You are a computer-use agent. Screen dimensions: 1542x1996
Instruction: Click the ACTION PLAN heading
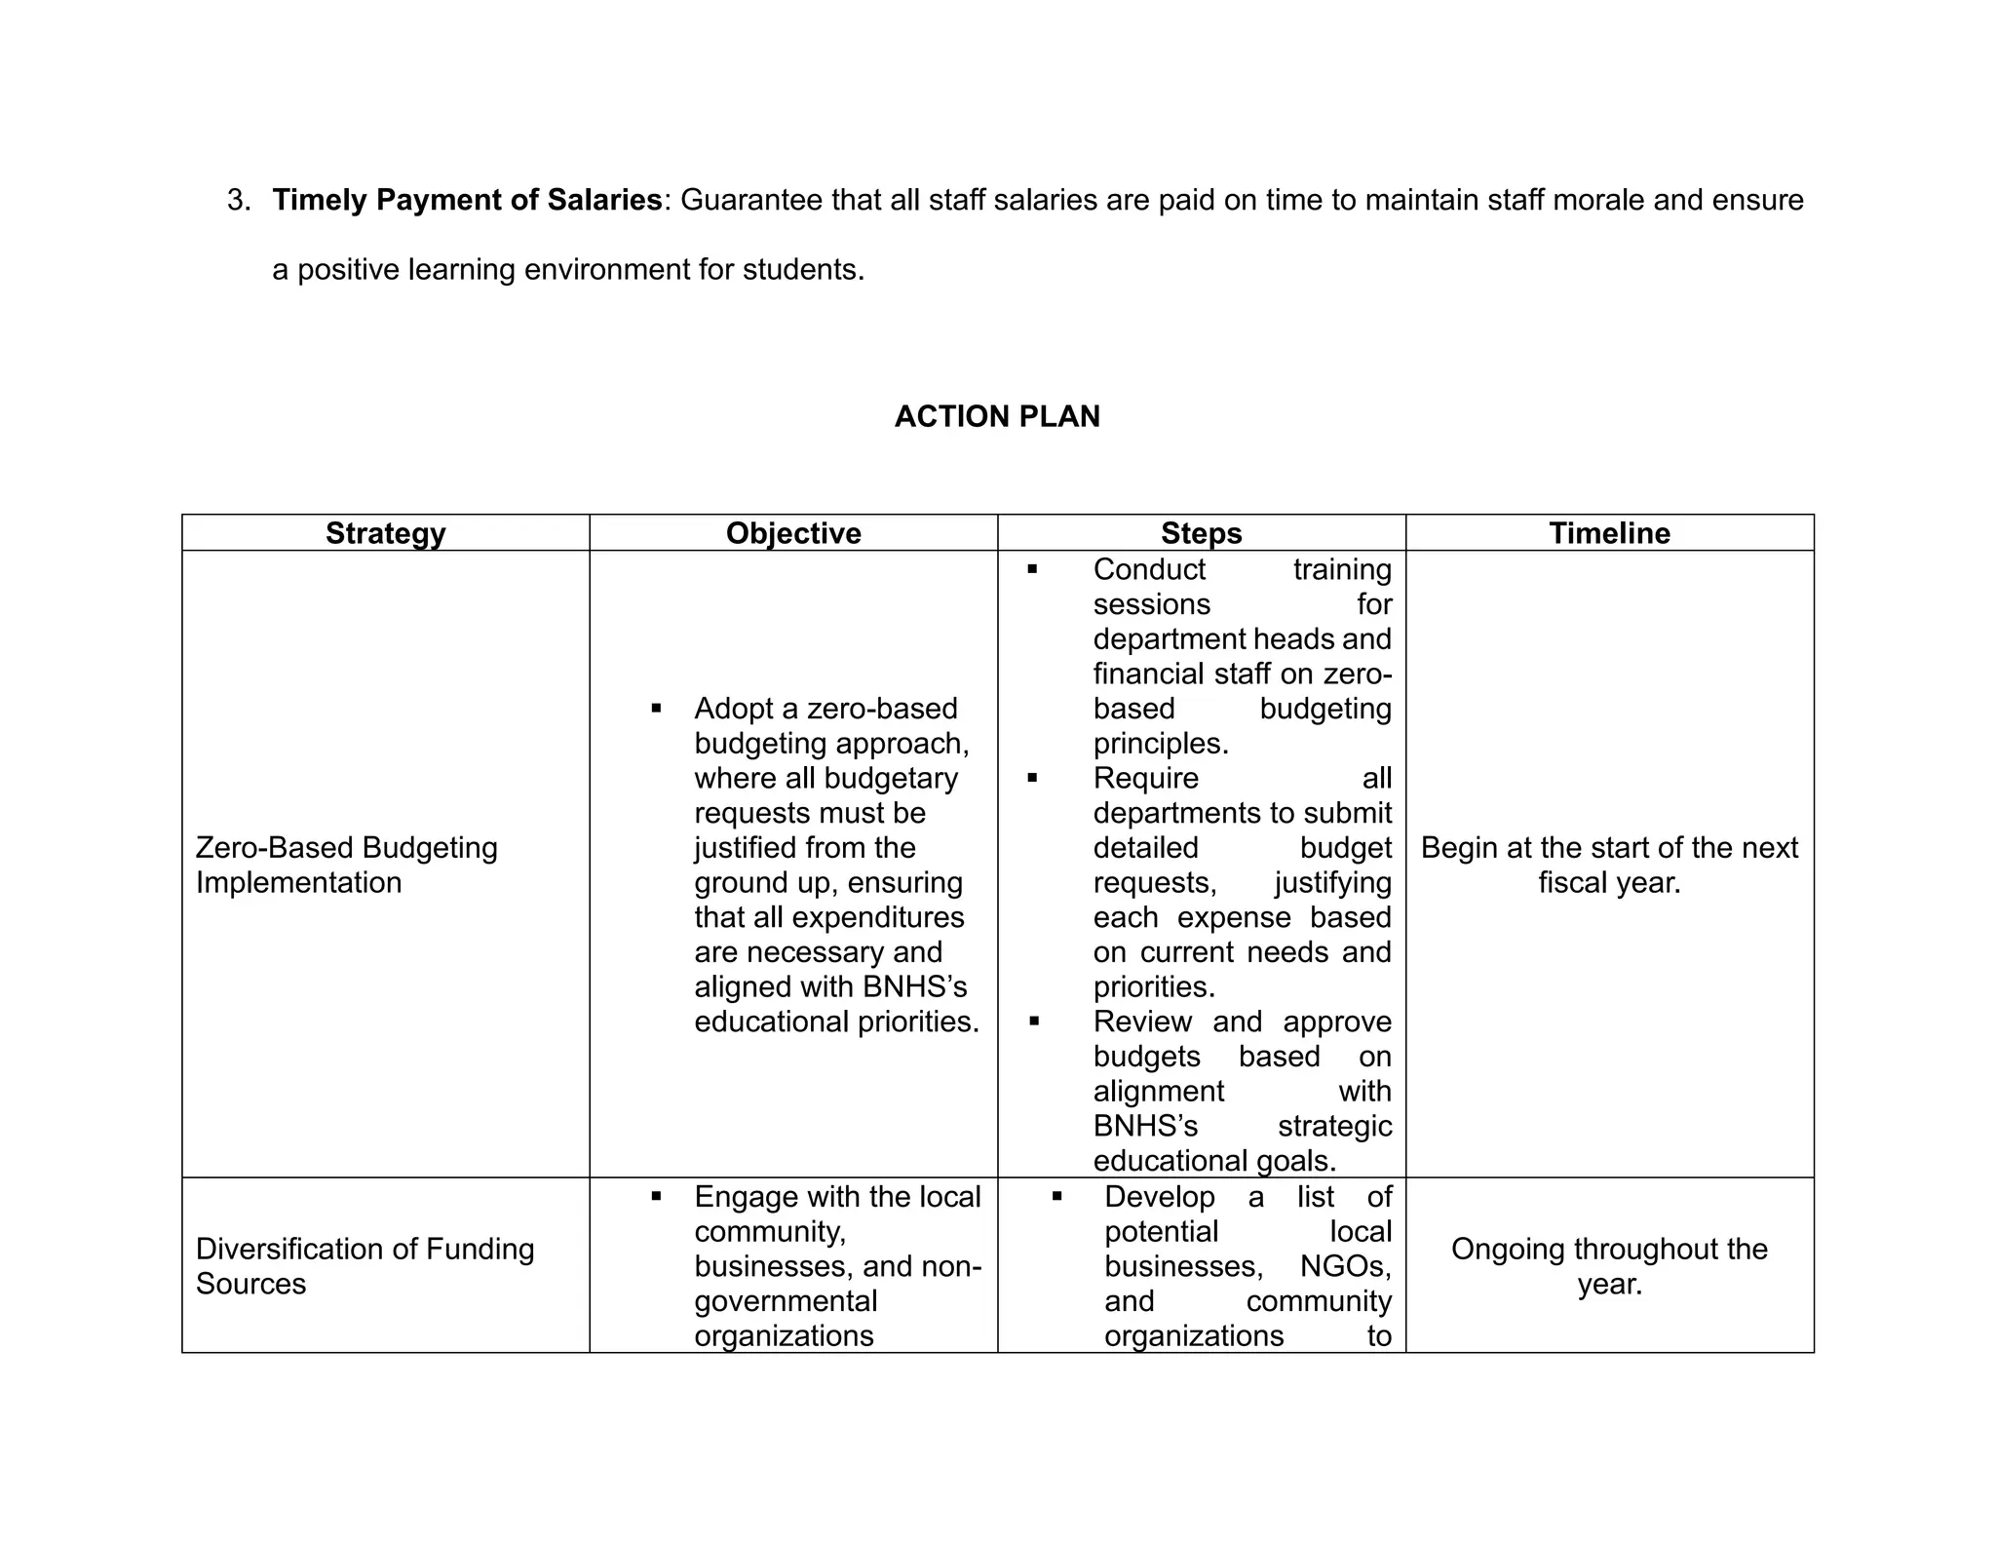pyautogui.click(x=997, y=416)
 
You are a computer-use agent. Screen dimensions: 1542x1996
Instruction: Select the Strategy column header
pyautogui.click(x=385, y=533)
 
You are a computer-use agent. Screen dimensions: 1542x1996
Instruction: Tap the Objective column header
pyautogui.click(x=793, y=533)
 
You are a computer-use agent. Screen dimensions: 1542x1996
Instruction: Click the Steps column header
pyautogui.click(x=1201, y=533)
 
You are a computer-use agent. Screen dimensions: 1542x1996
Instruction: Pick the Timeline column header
pyautogui.click(x=1609, y=533)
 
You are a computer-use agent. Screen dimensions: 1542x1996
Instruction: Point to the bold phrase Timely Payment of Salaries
pyautogui.click(x=468, y=200)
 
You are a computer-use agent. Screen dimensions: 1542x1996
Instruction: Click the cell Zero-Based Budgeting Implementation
pyautogui.click(x=346, y=865)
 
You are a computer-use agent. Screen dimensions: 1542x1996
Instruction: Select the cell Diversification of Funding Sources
pyautogui.click(x=365, y=1265)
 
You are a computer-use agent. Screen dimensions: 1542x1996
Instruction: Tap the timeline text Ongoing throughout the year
pyautogui.click(x=1609, y=1265)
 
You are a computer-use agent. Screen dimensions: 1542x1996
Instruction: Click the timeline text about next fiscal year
pyautogui.click(x=1609, y=865)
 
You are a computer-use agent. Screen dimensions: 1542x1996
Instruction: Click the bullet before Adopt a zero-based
pyautogui.click(x=656, y=709)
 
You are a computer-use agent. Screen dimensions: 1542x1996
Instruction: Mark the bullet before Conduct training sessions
pyautogui.click(x=1032, y=569)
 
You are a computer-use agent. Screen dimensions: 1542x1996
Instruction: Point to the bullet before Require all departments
pyautogui.click(x=1032, y=778)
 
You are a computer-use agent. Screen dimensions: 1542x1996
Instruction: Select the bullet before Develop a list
pyautogui.click(x=1056, y=1196)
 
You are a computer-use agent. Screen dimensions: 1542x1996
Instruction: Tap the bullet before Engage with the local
pyautogui.click(x=656, y=1196)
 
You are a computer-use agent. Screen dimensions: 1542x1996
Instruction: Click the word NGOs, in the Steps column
pyautogui.click(x=1345, y=1266)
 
